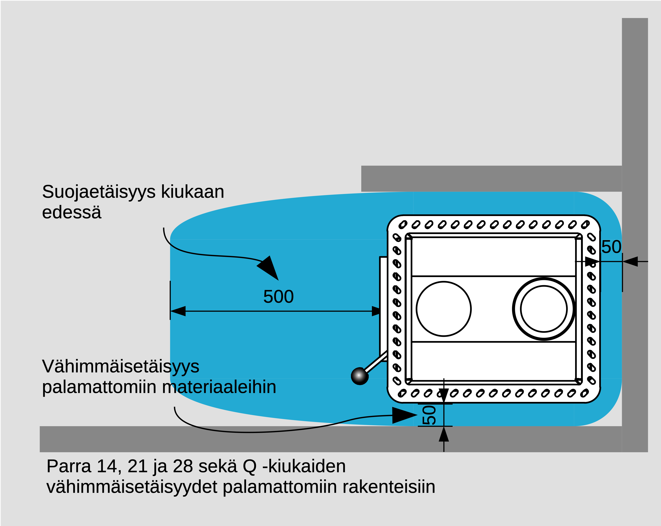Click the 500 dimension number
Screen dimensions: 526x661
click(x=278, y=297)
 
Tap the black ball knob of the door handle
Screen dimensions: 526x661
click(x=359, y=376)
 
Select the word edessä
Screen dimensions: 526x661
click(x=71, y=213)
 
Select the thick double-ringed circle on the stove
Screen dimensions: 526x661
click(x=544, y=309)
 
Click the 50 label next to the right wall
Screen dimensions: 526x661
click(x=611, y=247)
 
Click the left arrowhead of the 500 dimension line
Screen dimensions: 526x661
click(x=178, y=311)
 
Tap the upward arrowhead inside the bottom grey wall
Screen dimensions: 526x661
click(x=444, y=435)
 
